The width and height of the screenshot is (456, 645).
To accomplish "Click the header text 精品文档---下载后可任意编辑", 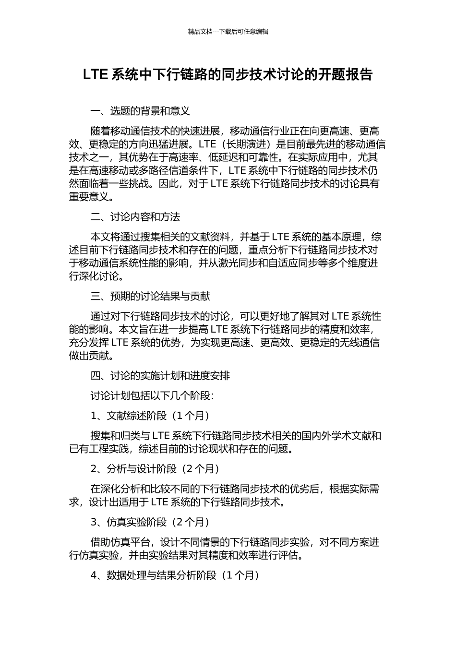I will pyautogui.click(x=228, y=32).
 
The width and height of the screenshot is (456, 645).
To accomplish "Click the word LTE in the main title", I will pyautogui.click(x=96, y=75).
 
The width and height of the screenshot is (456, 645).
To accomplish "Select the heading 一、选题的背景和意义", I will pyautogui.click(x=140, y=111).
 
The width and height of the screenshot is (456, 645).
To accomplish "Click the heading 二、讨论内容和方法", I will pyautogui.click(x=135, y=217).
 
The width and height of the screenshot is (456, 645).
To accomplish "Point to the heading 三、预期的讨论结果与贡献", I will pyautogui.click(x=150, y=297).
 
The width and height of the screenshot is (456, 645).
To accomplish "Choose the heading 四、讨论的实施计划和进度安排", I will pyautogui.click(x=160, y=376).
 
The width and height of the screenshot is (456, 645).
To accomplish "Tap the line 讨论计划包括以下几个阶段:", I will pyautogui.click(x=152, y=396).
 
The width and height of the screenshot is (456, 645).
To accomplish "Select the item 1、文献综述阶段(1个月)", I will pyautogui.click(x=150, y=416).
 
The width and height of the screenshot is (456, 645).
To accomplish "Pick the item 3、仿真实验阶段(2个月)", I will pyautogui.click(x=150, y=522).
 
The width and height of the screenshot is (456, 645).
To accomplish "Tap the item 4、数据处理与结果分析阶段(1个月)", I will pyautogui.click(x=175, y=575).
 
